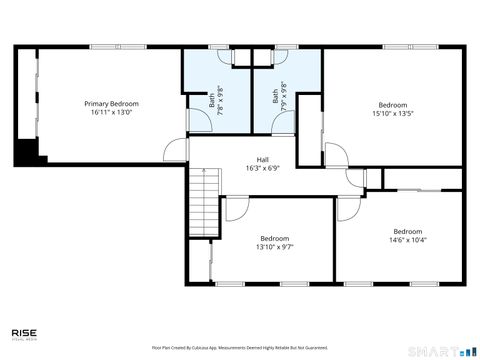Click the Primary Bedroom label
click(x=111, y=104)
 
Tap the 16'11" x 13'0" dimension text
click(x=111, y=113)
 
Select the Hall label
click(x=262, y=160)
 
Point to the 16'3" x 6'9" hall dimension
click(x=262, y=169)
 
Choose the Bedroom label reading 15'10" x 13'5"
click(x=392, y=105)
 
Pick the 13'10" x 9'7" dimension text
click(x=274, y=247)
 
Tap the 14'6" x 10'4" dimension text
click(x=407, y=240)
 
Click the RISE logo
click(x=25, y=334)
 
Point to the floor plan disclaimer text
click(x=240, y=347)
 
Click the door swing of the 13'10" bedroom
click(x=238, y=208)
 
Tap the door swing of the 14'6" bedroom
click(x=349, y=208)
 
